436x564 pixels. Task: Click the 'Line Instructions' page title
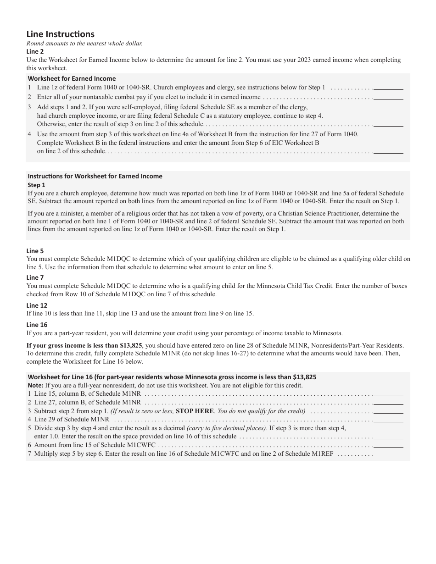coord(61,34)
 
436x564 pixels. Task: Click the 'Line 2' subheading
coord(35,51)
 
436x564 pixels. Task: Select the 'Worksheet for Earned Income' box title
coord(72,78)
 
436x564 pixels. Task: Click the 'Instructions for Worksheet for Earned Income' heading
coord(95,176)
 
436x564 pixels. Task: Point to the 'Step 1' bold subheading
coord(37,185)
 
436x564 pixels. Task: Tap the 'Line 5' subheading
coord(35,251)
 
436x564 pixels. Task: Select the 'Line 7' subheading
coord(35,277)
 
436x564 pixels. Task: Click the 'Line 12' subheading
coord(37,305)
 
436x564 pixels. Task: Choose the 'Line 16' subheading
coord(37,325)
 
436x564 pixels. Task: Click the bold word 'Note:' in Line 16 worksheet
coord(35,385)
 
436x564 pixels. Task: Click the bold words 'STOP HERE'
coord(195,411)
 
